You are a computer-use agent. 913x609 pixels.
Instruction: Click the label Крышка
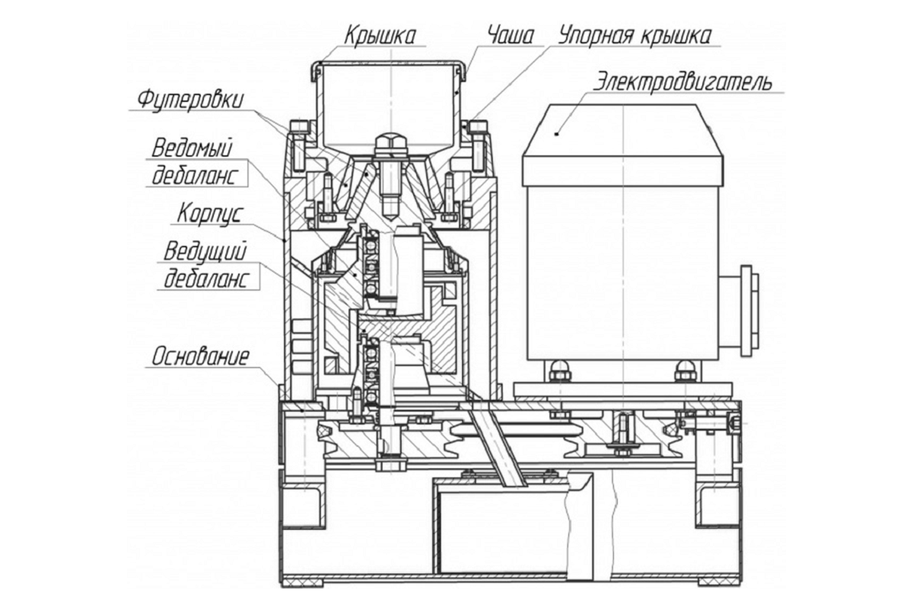point(380,36)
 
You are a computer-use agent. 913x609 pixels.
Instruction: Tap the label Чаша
point(511,36)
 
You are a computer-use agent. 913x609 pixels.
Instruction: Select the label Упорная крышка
point(635,37)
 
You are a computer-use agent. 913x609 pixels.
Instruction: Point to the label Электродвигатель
point(682,84)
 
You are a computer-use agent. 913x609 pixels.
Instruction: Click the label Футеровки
point(190,100)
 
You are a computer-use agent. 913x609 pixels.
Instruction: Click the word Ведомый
point(192,148)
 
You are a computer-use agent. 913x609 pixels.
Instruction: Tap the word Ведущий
point(205,252)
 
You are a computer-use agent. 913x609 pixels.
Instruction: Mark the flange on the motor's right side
point(749,311)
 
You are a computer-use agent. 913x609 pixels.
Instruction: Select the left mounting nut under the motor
point(560,372)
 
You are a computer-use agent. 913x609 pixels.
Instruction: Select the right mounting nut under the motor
point(686,372)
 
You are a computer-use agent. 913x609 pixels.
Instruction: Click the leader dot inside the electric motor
point(557,133)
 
